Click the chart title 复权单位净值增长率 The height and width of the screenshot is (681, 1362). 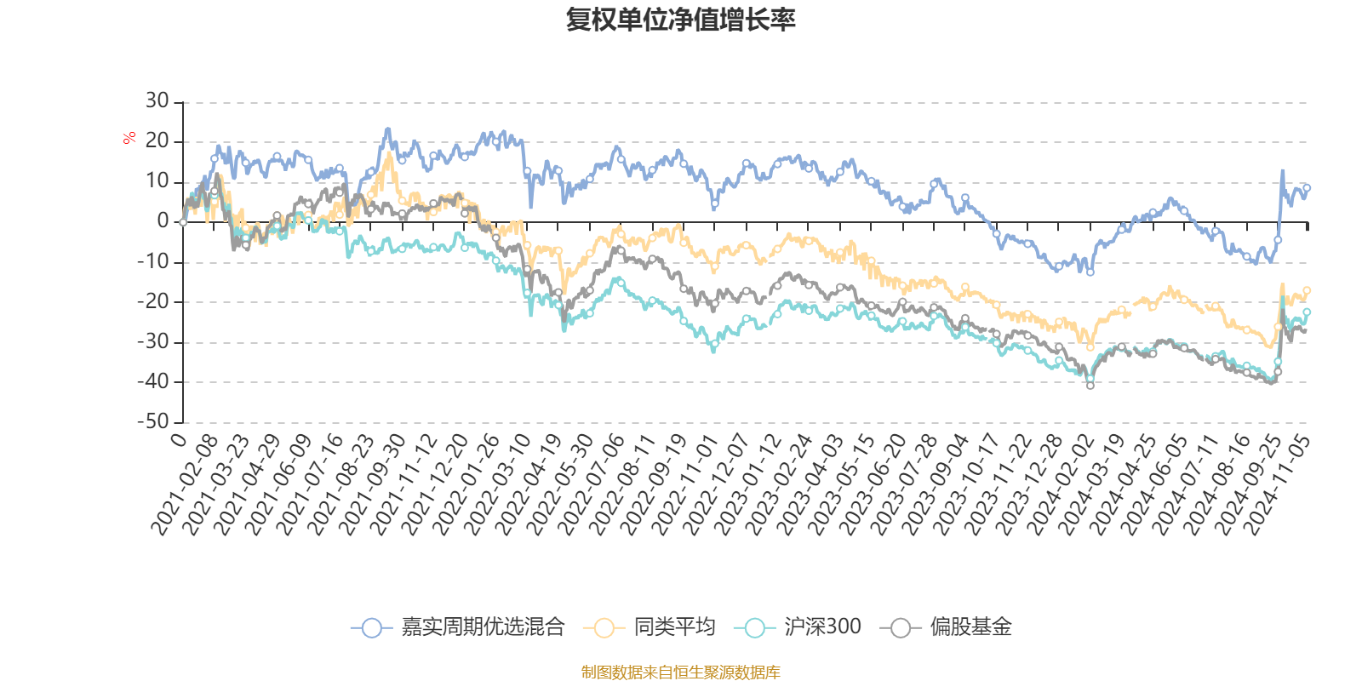(681, 20)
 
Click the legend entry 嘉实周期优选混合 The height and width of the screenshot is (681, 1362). (483, 627)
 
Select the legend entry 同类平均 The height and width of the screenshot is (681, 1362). (673, 627)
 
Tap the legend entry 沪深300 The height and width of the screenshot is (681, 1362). (822, 627)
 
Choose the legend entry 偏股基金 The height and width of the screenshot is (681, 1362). (970, 627)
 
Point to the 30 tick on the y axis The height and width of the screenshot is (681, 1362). (157, 101)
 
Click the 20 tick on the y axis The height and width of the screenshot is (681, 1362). (157, 141)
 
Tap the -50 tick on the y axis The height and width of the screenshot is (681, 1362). (153, 421)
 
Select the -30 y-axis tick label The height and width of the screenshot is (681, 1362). (153, 341)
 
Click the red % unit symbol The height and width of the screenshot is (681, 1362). (129, 138)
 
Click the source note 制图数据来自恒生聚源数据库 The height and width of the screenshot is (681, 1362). (681, 672)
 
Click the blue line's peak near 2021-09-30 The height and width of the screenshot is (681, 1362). (387, 130)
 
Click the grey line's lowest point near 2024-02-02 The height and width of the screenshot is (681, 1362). (1090, 386)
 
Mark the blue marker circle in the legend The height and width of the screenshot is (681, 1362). (371, 627)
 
